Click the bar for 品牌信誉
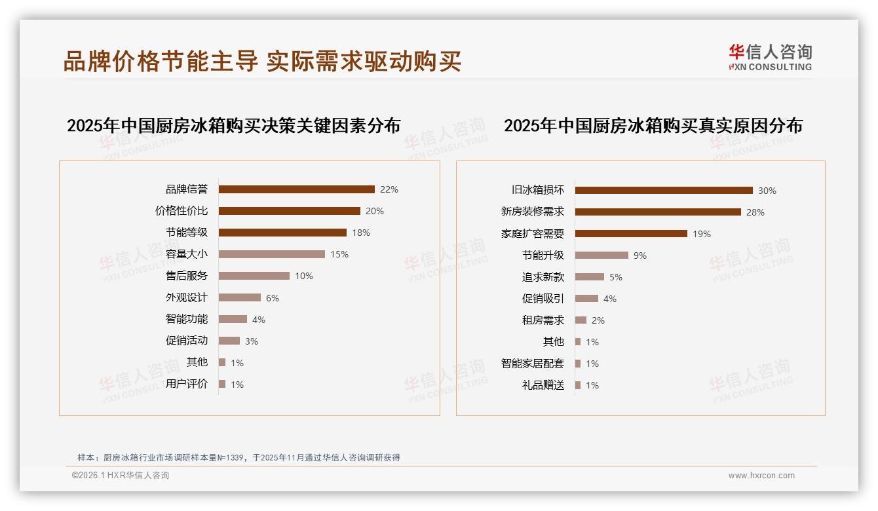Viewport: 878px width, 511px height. pyautogui.click(x=296, y=189)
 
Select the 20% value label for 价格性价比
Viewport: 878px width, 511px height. pyautogui.click(x=375, y=211)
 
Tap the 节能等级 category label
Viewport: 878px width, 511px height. pyautogui.click(x=187, y=233)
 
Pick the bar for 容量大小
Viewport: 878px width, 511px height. pyautogui.click(x=271, y=254)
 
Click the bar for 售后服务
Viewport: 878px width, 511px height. pyautogui.click(x=254, y=276)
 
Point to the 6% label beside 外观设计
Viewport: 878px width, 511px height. pyautogui.click(x=273, y=298)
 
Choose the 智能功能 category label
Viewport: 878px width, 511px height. pyautogui.click(x=187, y=319)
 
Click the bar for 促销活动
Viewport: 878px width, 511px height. pyautogui.click(x=229, y=341)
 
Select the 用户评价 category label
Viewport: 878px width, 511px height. pyautogui.click(x=187, y=384)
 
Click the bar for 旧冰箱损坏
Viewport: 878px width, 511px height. pyautogui.click(x=664, y=191)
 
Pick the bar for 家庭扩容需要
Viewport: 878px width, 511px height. pyautogui.click(x=631, y=234)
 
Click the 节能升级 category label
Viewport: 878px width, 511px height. pyautogui.click(x=543, y=255)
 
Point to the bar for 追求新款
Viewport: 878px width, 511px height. pyautogui.click(x=590, y=277)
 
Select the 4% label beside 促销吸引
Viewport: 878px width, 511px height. pyautogui.click(x=610, y=299)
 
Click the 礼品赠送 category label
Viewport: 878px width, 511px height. pyautogui.click(x=543, y=385)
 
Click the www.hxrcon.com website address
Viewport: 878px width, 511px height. pyautogui.click(x=761, y=476)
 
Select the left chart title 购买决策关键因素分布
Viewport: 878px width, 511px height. pyautogui.click(x=233, y=126)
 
